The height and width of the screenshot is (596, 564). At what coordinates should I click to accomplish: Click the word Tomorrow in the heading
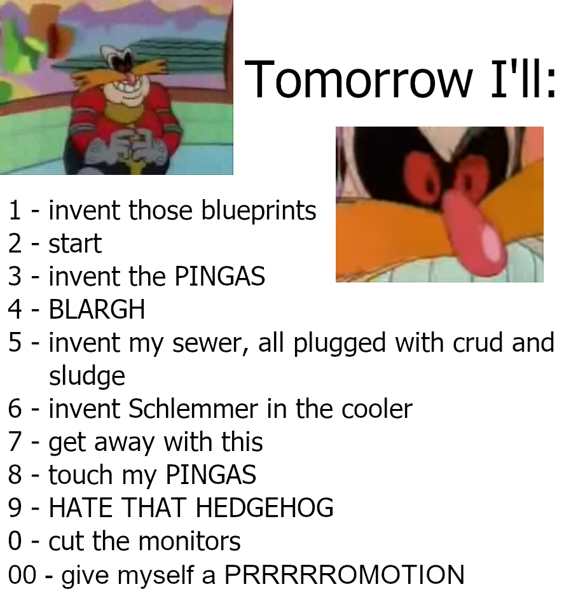tap(358, 80)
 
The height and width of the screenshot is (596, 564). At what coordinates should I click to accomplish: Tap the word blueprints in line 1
tap(258, 211)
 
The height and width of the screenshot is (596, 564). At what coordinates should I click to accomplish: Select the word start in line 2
tap(75, 244)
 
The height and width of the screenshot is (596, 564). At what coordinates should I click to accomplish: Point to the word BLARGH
tap(97, 309)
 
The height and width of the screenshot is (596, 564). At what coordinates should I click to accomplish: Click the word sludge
tap(87, 377)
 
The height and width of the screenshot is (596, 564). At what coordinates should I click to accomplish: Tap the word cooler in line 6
tap(377, 410)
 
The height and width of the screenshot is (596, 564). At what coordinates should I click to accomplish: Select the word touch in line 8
tap(81, 475)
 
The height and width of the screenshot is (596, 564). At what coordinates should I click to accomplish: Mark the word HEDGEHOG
tap(265, 508)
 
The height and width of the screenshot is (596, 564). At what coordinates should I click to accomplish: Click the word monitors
tap(189, 541)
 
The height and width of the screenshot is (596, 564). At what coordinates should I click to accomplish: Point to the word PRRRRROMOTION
tap(345, 574)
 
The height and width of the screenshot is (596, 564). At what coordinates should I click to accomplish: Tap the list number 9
tap(15, 508)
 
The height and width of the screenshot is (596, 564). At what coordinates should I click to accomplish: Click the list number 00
tap(22, 574)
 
